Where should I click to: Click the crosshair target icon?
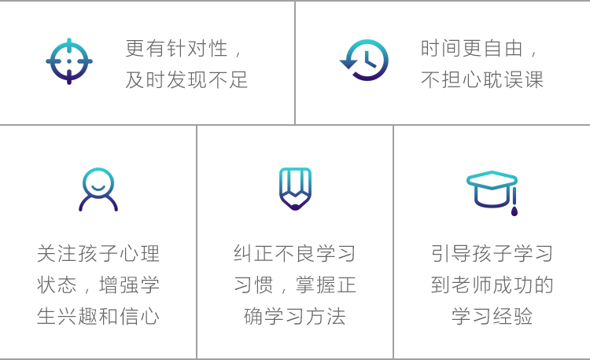69,61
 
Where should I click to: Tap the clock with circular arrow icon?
365,61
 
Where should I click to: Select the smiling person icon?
98,189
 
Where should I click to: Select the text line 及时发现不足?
187,79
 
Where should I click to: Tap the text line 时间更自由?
479,49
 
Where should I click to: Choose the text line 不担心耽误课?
482,79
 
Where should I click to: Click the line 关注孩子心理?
98,253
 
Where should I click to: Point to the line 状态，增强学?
98,285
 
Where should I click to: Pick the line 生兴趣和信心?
98,316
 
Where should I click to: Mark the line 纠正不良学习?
295,253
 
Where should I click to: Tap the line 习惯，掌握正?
295,285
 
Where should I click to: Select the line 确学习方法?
295,316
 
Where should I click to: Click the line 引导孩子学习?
492,253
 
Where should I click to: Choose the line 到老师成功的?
492,285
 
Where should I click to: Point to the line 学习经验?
492,316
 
